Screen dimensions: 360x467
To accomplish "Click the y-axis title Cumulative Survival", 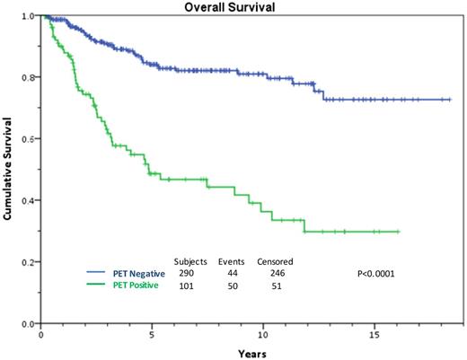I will click(8, 167).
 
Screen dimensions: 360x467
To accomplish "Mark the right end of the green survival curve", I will click(399, 231).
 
